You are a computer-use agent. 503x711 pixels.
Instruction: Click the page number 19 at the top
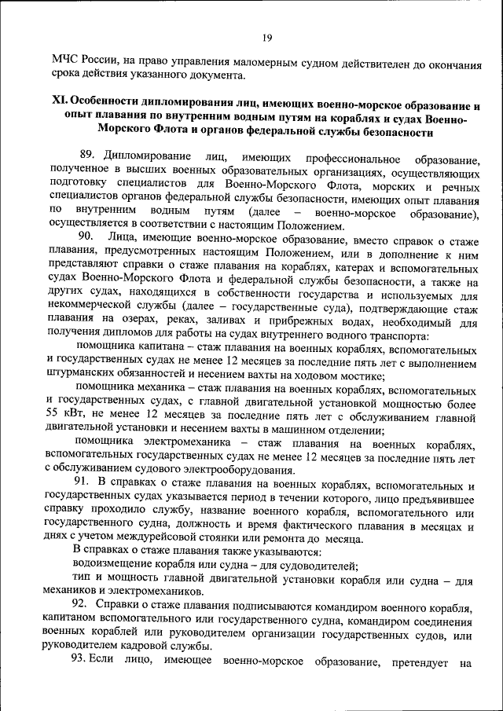(x=266, y=36)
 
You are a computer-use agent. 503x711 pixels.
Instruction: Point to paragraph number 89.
(x=89, y=156)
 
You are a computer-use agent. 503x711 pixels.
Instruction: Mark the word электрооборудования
(x=260, y=471)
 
